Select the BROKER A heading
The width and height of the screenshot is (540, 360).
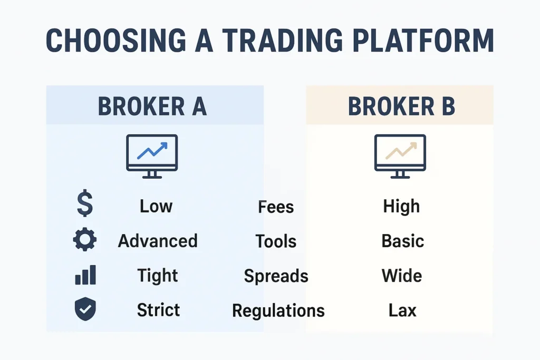point(152,106)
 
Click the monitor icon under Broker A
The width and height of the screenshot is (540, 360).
point(152,156)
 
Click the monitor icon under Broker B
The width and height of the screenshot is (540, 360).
point(400,156)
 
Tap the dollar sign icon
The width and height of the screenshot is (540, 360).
point(84,205)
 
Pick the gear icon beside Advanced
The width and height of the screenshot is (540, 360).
point(84,240)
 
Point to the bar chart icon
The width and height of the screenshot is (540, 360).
point(85,275)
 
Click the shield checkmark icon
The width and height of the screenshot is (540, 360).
point(84,309)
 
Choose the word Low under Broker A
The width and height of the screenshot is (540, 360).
point(156,206)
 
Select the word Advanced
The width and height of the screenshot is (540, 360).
point(158,241)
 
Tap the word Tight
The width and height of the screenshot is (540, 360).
point(158,276)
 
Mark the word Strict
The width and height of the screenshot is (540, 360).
point(158,310)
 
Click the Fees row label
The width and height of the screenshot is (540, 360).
point(276,207)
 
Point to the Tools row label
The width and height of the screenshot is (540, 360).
point(276,241)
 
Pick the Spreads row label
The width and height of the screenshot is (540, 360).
point(276,276)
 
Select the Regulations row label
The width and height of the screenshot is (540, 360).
point(278,311)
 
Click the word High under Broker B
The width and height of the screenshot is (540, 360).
point(401,206)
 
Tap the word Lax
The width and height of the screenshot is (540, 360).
point(402,310)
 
